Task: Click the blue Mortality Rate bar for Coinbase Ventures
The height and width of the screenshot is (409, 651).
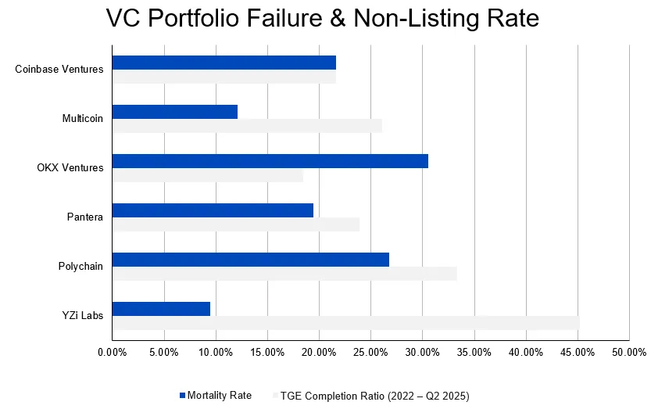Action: click(x=224, y=63)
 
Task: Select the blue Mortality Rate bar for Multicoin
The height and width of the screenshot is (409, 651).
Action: click(x=175, y=112)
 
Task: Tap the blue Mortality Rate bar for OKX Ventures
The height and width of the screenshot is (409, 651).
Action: click(x=270, y=161)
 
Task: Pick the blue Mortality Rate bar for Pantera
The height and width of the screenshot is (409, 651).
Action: click(x=213, y=210)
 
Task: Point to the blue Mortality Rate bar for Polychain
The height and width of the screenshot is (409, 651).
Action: click(x=251, y=260)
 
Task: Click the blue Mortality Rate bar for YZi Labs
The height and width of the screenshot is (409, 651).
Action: click(x=161, y=309)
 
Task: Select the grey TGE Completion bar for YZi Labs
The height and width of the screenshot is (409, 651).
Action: click(x=345, y=323)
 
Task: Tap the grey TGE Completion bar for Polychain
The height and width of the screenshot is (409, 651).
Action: click(x=284, y=274)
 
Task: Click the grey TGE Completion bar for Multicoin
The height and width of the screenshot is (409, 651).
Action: click(x=247, y=126)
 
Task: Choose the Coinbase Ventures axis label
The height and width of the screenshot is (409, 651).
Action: click(x=59, y=70)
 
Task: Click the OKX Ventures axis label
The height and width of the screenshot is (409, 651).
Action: click(x=70, y=168)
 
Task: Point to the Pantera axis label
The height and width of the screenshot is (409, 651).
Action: click(x=85, y=217)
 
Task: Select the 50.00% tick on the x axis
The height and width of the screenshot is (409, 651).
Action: click(x=629, y=353)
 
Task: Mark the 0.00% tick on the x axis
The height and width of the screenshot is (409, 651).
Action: click(x=112, y=353)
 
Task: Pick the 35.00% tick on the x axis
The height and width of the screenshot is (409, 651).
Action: click(x=474, y=353)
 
